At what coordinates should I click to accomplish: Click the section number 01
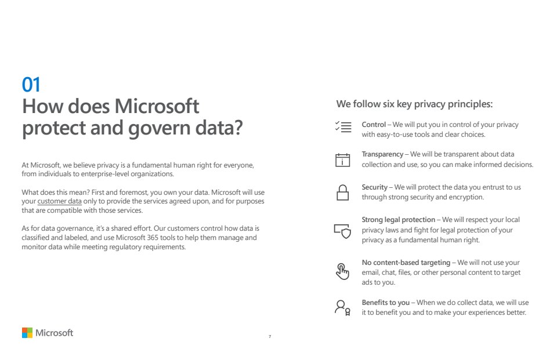31,85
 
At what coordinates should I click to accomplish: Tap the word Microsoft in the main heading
157,107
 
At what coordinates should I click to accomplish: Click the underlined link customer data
59,201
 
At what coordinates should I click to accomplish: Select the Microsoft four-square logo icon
27,333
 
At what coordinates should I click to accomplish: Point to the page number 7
270,336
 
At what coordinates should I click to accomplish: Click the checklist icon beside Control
343,127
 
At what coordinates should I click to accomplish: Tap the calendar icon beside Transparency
343,159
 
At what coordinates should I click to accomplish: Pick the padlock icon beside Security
343,192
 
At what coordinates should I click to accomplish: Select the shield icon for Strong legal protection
342,231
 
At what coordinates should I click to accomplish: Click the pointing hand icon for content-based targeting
343,271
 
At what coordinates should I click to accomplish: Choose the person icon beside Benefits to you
342,307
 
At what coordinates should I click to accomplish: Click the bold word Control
374,125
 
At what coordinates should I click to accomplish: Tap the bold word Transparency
382,154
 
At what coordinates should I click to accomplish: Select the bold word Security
374,187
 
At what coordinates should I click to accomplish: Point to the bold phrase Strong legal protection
398,220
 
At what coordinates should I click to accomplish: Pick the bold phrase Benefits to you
386,303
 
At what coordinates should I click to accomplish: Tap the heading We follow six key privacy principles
414,104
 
